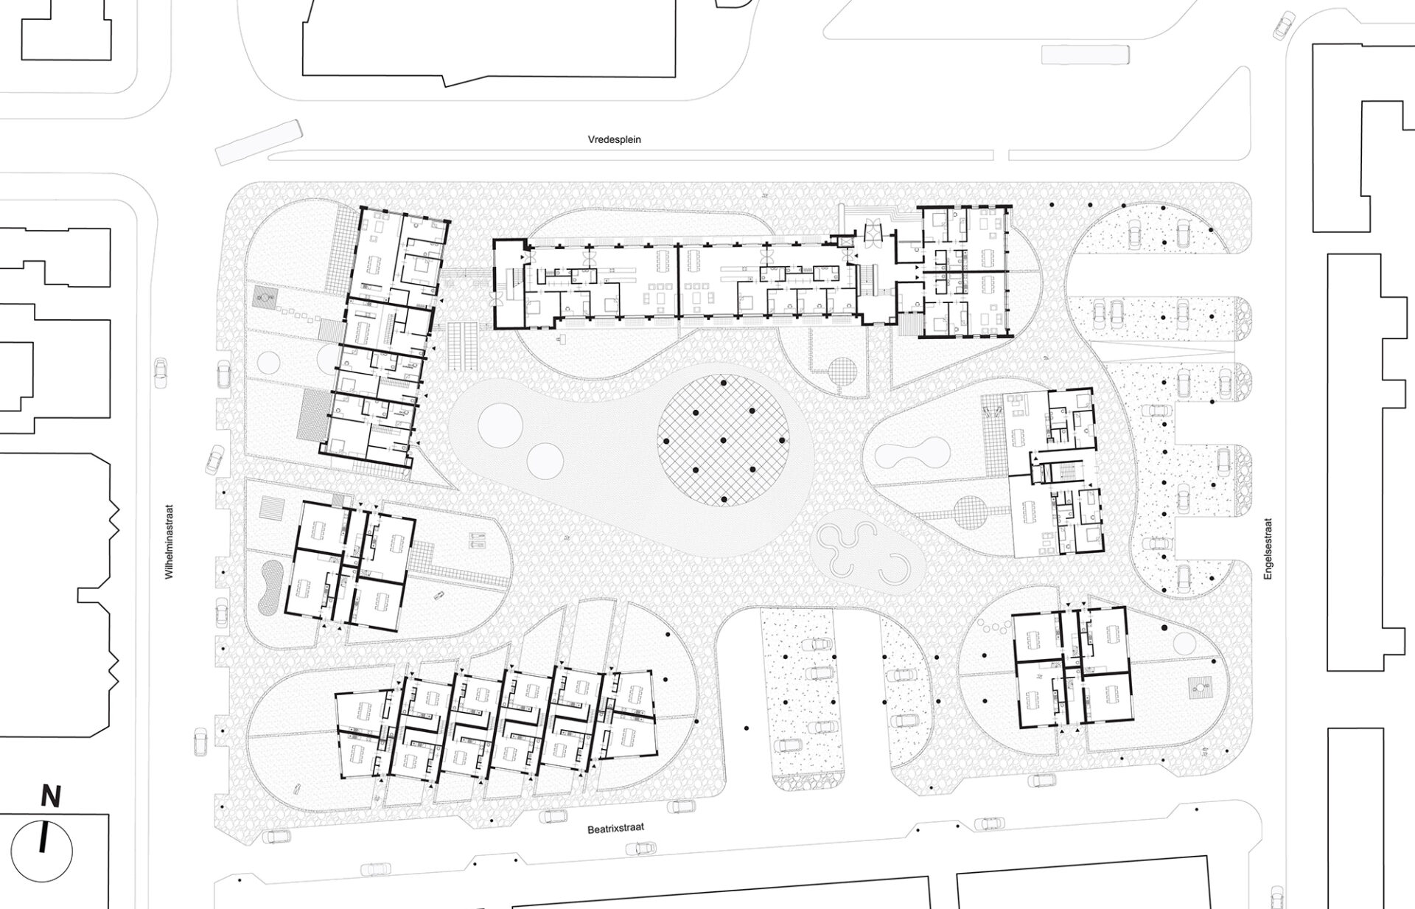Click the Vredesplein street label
tap(614, 139)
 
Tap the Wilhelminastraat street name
tap(169, 542)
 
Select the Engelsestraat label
tap(1268, 548)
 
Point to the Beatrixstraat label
tap(616, 828)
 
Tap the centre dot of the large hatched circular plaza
tap(724, 441)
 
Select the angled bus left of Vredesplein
tap(259, 143)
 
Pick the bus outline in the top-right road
tap(1086, 55)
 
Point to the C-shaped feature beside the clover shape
tap(893, 568)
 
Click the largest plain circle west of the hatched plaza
tap(500, 425)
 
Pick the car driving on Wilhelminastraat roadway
tap(159, 371)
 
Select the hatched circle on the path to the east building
tap(970, 512)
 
